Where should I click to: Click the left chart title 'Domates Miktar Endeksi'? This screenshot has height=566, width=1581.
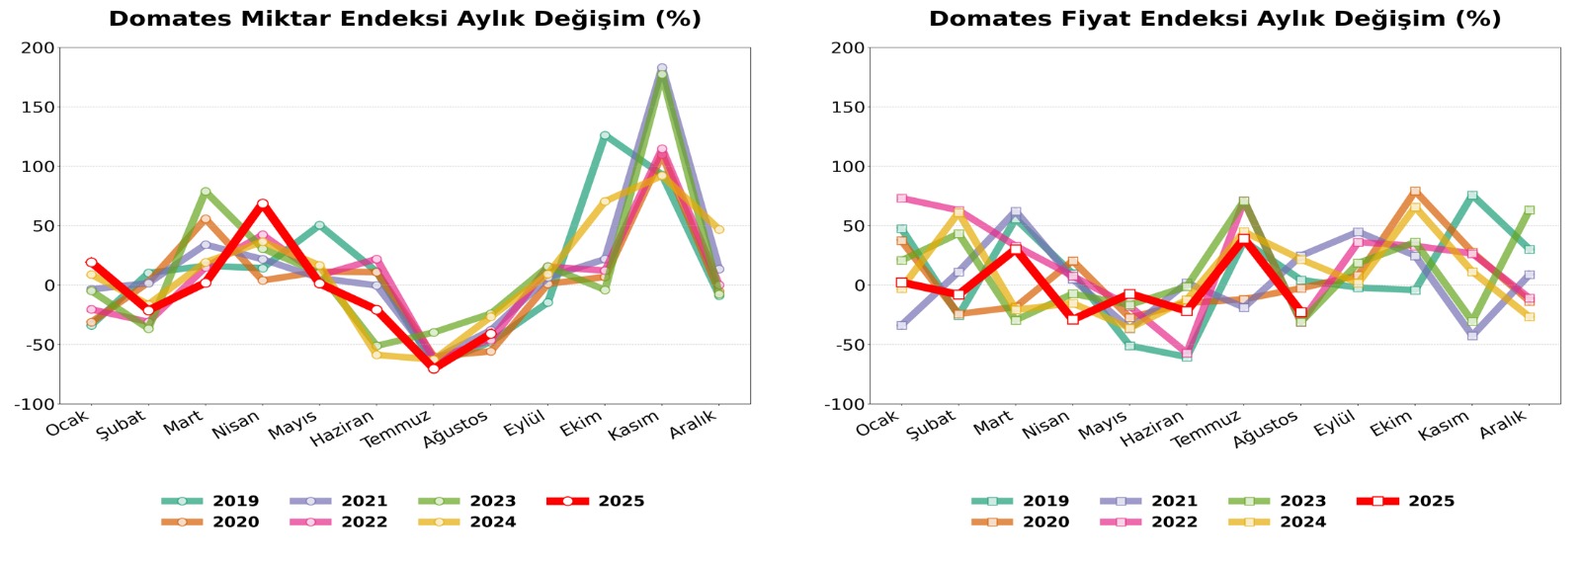(404, 19)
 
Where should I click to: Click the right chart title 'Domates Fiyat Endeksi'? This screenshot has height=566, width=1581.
(1214, 19)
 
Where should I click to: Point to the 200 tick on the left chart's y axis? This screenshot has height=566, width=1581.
(38, 47)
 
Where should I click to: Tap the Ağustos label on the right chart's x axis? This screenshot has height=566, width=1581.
(1265, 430)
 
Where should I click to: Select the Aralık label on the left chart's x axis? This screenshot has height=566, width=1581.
(692, 426)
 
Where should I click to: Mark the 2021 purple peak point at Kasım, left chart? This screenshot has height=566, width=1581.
(662, 68)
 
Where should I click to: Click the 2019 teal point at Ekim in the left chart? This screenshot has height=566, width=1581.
(605, 135)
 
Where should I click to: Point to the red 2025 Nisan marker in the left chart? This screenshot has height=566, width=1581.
(263, 204)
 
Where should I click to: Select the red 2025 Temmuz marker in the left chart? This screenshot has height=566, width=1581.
(434, 368)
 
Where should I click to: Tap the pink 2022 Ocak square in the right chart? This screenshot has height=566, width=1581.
(901, 199)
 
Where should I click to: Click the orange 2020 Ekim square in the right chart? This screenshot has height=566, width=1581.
(1415, 192)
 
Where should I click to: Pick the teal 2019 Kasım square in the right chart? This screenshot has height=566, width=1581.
(1472, 196)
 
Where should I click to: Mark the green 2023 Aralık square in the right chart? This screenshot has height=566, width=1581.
(1529, 210)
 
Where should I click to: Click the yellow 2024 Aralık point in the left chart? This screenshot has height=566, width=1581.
(718, 229)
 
